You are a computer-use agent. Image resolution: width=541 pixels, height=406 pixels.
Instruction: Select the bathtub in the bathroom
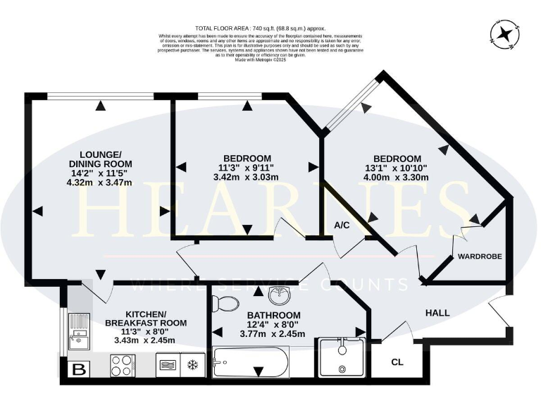pos(250,363)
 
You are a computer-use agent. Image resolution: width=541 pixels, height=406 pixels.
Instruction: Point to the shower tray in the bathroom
pos(342,357)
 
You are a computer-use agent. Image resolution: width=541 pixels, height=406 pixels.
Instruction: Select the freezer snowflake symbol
pos(190,365)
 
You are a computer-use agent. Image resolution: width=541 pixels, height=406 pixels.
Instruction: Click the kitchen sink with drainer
pos(78,332)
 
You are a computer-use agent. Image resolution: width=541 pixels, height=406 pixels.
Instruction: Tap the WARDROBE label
pos(480,257)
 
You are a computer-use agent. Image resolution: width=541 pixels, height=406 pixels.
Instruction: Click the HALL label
pos(437,313)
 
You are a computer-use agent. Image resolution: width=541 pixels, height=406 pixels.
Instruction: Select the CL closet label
pos(397,362)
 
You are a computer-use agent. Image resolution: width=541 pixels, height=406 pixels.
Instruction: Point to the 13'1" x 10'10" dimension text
pos(397,168)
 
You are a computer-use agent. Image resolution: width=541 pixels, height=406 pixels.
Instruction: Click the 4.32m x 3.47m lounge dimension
pos(101,181)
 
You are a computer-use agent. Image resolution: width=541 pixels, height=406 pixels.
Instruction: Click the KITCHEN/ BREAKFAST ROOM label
pos(146,318)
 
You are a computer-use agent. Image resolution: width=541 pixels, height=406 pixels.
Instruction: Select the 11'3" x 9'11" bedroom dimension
pos(247,167)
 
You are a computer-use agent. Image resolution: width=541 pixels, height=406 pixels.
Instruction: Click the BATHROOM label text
pos(273,315)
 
